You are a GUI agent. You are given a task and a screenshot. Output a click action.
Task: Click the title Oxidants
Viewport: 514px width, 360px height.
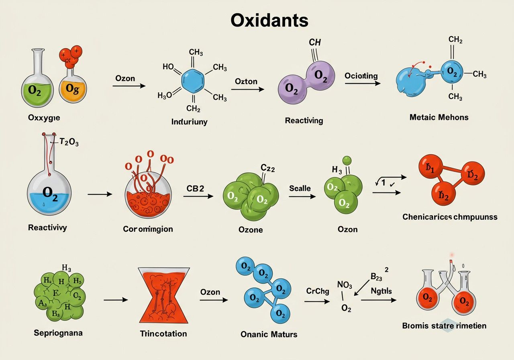point(269,20)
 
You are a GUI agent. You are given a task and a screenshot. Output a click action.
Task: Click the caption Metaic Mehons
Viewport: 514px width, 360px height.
point(439,117)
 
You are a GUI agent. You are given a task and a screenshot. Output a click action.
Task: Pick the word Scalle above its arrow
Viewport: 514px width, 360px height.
point(300,188)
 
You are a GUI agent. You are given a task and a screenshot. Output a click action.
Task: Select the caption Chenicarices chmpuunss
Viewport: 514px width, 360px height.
point(450,217)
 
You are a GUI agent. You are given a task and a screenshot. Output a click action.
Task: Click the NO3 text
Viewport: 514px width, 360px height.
point(345,285)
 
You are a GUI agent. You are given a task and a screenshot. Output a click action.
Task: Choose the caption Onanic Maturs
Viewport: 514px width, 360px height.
point(269,334)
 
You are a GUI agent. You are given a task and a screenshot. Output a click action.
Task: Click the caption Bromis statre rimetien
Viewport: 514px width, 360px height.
point(444,325)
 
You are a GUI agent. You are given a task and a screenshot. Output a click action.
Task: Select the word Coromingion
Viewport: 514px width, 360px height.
point(148,229)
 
